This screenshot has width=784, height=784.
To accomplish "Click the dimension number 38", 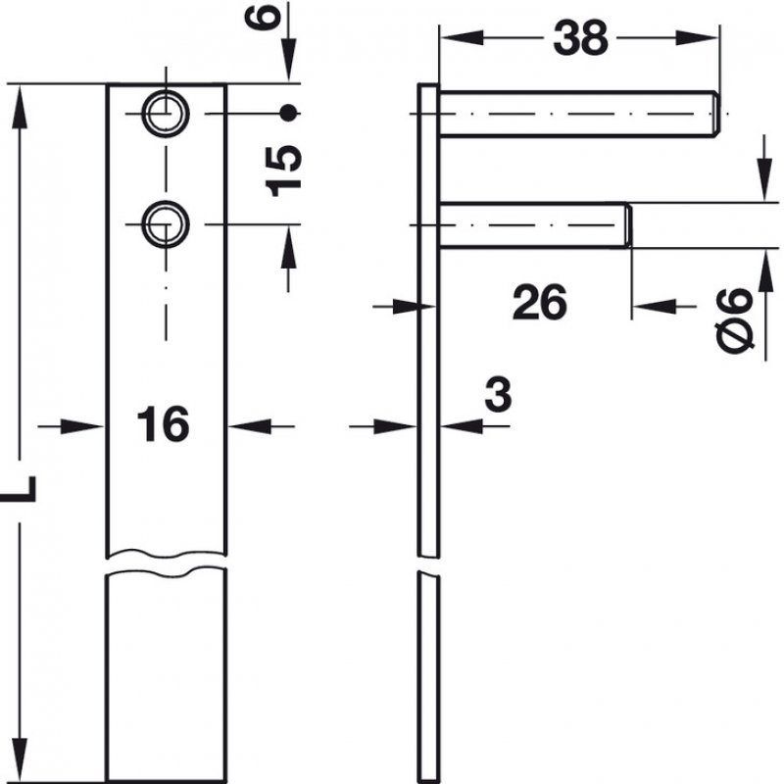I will click(580, 38).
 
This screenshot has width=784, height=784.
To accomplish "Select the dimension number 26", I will click(539, 304).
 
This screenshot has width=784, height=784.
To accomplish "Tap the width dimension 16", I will click(163, 425).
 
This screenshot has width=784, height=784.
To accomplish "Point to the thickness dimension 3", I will click(498, 396).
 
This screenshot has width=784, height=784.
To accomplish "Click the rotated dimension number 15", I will click(283, 170).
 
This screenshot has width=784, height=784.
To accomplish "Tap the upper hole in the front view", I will click(165, 114).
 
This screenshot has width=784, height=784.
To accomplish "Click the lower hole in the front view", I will click(165, 225).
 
